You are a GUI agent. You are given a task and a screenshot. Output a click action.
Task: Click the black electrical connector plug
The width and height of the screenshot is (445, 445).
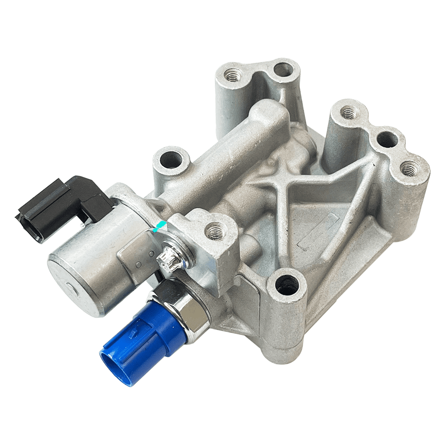click(x=62, y=205)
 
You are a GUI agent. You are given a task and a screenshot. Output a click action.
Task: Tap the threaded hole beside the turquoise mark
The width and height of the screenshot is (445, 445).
click(x=214, y=230)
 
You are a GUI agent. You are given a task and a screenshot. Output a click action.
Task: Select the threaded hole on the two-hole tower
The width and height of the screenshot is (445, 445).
click(x=233, y=75)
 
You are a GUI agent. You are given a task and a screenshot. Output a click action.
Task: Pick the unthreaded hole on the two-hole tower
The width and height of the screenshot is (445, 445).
click(x=282, y=69)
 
